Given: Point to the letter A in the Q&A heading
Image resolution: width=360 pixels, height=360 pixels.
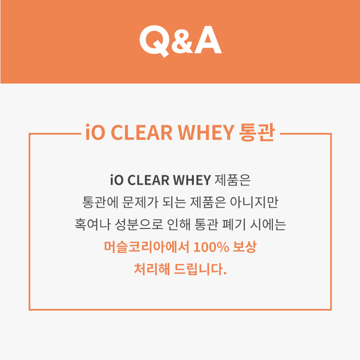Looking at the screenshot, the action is [208, 40].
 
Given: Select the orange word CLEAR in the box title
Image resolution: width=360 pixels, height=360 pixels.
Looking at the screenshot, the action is [142, 132].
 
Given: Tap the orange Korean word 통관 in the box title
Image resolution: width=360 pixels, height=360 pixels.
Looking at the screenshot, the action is [257, 132].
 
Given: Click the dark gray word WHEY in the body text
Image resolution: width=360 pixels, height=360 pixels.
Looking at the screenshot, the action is [192, 180].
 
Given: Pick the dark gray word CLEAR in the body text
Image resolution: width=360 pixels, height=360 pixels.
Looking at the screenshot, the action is [148, 180].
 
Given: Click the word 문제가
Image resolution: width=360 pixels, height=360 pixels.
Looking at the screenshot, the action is [140, 202].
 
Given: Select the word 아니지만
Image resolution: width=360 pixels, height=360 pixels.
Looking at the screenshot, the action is [254, 202].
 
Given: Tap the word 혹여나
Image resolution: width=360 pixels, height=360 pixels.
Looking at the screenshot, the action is [92, 224].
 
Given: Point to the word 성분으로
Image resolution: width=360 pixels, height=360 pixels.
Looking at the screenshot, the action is [138, 224].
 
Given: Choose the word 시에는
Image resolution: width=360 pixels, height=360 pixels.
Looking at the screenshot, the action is [268, 224].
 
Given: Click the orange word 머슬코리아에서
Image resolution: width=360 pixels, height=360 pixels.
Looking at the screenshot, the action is [146, 247].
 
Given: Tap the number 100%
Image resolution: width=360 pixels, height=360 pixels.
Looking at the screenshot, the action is [211, 247].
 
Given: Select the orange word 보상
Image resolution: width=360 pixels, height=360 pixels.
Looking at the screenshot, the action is [245, 247].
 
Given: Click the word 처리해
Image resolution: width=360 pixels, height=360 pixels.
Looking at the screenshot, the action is [152, 269].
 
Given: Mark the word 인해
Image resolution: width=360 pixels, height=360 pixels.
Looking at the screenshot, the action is [179, 224].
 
